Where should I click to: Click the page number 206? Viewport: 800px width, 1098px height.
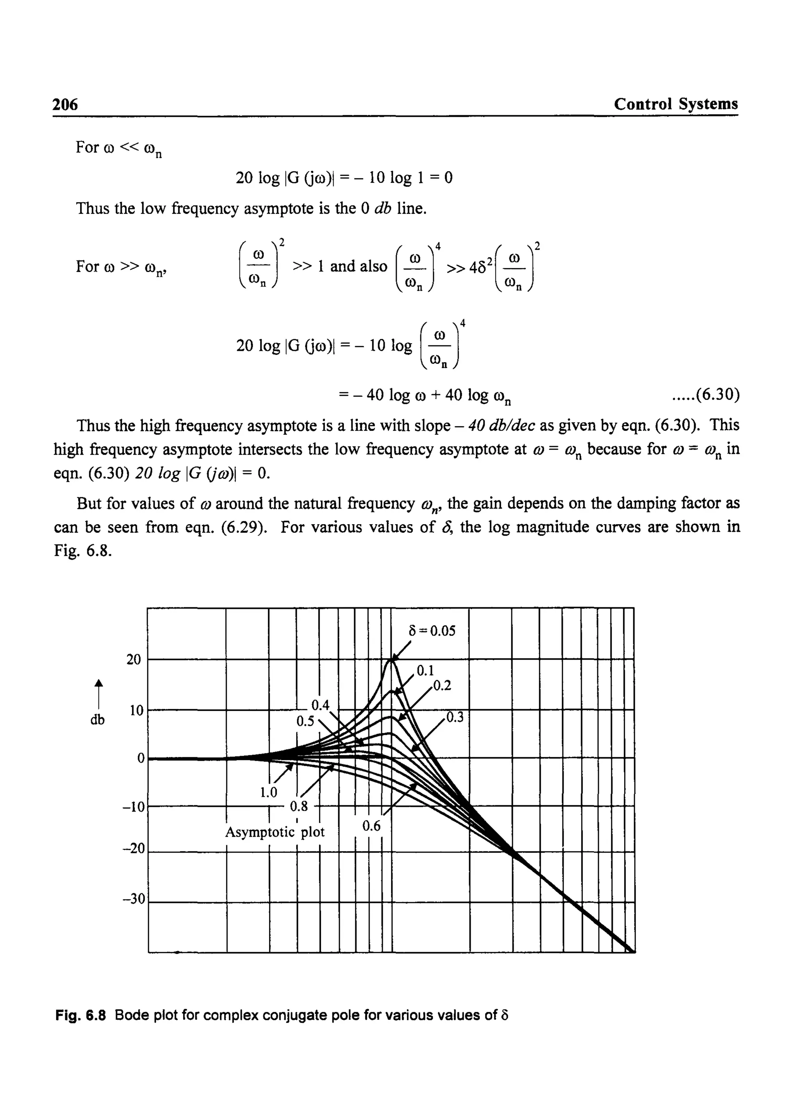(65, 104)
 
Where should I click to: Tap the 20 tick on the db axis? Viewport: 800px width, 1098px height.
(134, 659)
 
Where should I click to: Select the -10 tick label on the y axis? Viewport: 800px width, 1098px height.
(134, 807)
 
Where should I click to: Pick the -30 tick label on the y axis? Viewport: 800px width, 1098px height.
(134, 899)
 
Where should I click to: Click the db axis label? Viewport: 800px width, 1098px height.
(97, 720)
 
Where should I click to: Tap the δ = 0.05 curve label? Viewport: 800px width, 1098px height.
(432, 631)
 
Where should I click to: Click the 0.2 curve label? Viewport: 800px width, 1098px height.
(442, 686)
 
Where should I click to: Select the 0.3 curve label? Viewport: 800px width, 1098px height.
(455, 717)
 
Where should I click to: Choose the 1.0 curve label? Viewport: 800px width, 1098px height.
(268, 792)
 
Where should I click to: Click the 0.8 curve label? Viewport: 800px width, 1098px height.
(298, 806)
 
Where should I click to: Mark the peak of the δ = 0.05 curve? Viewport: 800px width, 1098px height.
(391, 660)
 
